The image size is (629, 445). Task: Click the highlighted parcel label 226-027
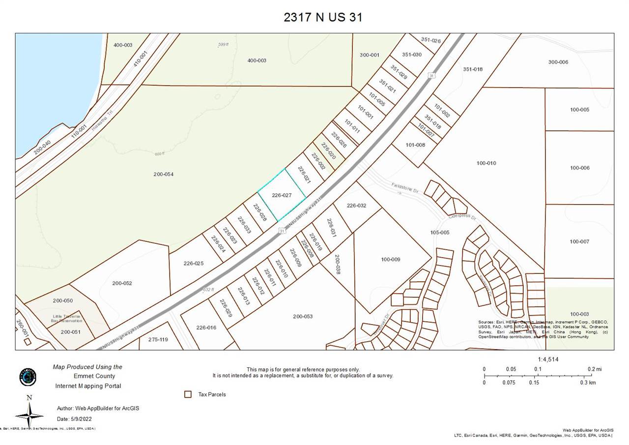[x=282, y=195]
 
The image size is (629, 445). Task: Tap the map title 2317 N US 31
[x=323, y=17]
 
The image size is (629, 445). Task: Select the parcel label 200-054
[x=163, y=175]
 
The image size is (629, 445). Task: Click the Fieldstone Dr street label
[x=404, y=188]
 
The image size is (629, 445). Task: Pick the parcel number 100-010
[x=486, y=163]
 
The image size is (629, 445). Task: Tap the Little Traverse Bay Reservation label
[x=67, y=318]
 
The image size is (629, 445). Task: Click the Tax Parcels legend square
[x=187, y=394]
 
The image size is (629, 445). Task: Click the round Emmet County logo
[x=28, y=377]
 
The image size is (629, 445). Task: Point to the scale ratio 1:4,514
[x=548, y=359]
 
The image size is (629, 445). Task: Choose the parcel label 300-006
[x=558, y=62]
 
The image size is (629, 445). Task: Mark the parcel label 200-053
[x=303, y=316]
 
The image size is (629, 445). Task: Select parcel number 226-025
[x=194, y=264]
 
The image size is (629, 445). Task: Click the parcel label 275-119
[x=158, y=339]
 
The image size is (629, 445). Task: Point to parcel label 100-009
[x=391, y=259]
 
